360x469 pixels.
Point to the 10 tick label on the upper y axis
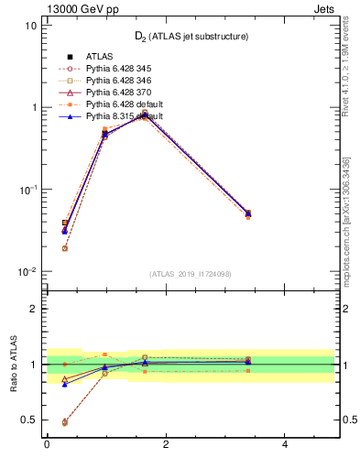click(x=29, y=26)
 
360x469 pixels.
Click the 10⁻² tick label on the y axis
click(x=26, y=271)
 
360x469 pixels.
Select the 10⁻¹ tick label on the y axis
click(x=26, y=190)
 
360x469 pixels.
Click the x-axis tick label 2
click(x=166, y=445)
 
